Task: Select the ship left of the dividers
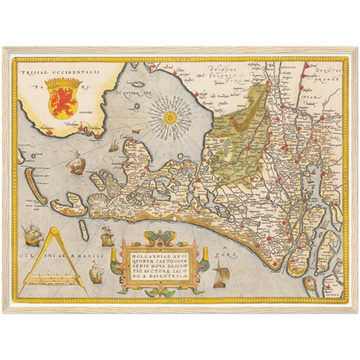point(32,234)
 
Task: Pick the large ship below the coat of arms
point(77,161)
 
